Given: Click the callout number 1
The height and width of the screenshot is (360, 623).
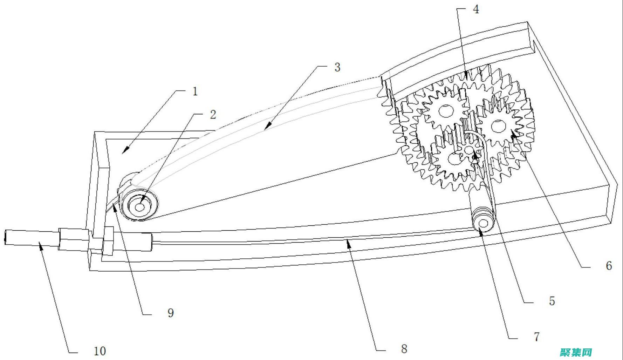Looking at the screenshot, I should click(195, 92).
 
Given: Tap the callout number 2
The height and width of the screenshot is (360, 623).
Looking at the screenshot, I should click(213, 115).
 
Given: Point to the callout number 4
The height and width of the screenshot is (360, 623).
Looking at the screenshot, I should click(475, 9).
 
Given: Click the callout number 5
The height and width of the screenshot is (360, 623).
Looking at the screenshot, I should click(552, 301).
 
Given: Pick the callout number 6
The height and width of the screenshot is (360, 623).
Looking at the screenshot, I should click(609, 266).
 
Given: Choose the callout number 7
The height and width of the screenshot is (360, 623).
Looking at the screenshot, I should click(536, 337).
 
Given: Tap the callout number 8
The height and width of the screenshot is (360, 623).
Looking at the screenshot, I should click(404, 349).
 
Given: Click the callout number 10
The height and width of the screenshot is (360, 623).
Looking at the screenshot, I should click(100, 351).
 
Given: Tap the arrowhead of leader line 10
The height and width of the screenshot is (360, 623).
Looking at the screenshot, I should click(41, 246).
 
